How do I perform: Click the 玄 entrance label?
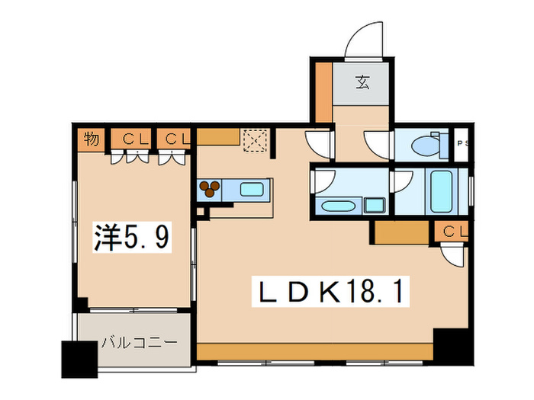[x=362, y=83]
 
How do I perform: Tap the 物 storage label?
[x=91, y=139]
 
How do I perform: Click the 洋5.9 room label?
[x=131, y=238]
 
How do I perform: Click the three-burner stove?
[x=210, y=190]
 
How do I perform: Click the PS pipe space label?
[x=461, y=143]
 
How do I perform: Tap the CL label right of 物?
[x=134, y=139]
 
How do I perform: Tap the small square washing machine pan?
[x=374, y=205]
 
